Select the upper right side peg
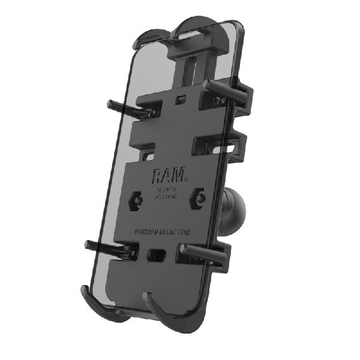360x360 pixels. [236, 91]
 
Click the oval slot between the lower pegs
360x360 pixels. [158, 254]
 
